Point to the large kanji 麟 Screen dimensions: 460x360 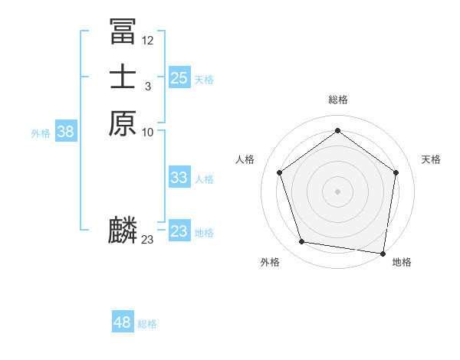click(x=123, y=231)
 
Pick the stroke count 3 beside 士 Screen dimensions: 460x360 click(x=148, y=87)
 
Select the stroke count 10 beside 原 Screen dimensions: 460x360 click(x=148, y=133)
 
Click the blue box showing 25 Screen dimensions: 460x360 click(x=179, y=77)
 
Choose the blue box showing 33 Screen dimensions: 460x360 click(x=179, y=178)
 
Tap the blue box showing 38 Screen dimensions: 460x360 click(x=66, y=132)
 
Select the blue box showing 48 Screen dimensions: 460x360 click(x=123, y=322)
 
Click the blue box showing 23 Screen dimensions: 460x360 click(x=179, y=231)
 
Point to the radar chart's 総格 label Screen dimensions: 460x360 click(x=338, y=100)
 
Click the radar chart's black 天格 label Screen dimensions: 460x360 click(x=431, y=159)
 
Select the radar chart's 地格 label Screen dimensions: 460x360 click(x=402, y=262)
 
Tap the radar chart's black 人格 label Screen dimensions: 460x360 click(x=245, y=159)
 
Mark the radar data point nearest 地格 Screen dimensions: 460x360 click(x=383, y=253)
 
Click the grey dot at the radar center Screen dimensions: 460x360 click(x=337, y=191)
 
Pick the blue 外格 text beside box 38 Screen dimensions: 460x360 click(x=41, y=133)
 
